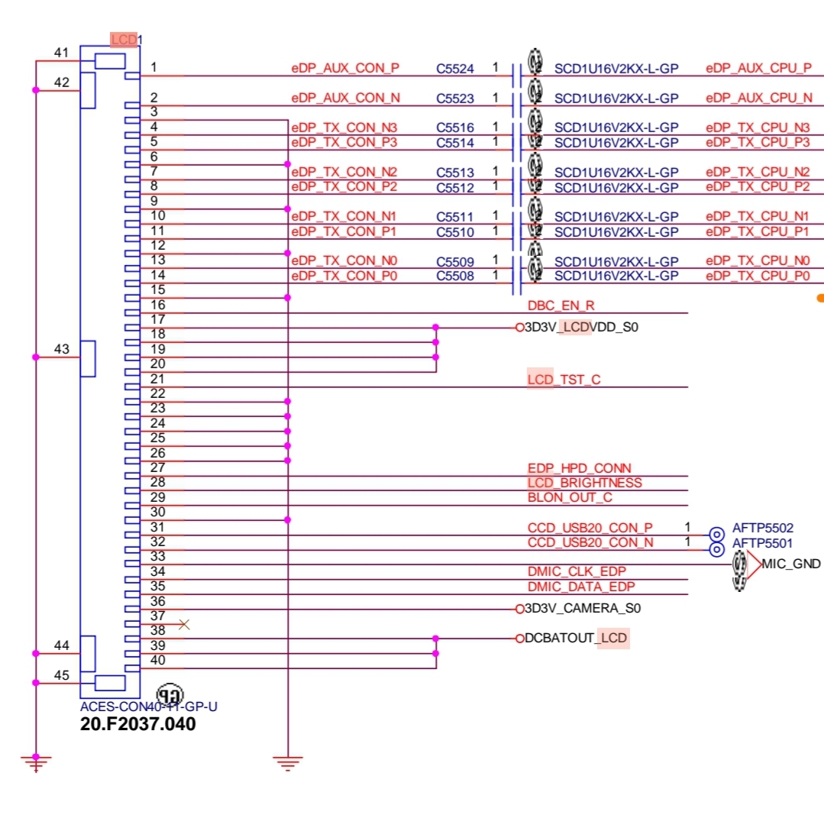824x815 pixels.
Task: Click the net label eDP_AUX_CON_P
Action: click(x=344, y=68)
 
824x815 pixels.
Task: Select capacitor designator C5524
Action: click(x=454, y=69)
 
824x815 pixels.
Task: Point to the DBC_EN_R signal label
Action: click(x=561, y=306)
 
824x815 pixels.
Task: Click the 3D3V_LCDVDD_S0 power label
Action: click(x=580, y=328)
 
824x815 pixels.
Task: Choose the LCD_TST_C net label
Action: click(x=564, y=380)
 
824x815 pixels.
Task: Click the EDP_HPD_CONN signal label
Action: click(x=579, y=468)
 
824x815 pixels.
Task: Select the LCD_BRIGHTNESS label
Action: click(x=584, y=483)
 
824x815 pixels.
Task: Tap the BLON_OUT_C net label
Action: click(x=570, y=498)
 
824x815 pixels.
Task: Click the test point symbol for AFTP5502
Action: click(x=716, y=535)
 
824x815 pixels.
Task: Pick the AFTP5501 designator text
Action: click(x=762, y=543)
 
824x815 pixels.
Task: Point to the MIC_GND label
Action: click(x=791, y=564)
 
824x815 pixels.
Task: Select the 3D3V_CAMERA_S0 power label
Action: click(x=582, y=609)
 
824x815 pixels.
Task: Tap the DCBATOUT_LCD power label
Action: click(x=577, y=638)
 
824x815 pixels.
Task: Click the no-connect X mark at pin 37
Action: click(x=183, y=624)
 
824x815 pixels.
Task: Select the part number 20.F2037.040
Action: click(x=137, y=724)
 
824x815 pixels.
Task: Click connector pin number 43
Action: click(x=61, y=349)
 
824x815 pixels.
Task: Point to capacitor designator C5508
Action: click(x=454, y=276)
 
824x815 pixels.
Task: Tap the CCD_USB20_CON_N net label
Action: click(x=590, y=542)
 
